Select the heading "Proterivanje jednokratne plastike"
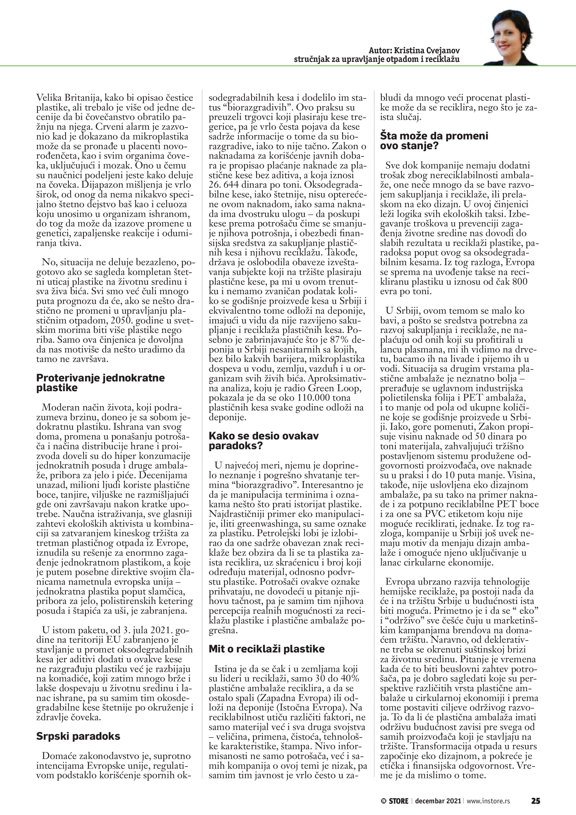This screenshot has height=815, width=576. [100, 382]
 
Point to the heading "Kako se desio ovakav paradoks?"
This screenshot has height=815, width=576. [264, 441]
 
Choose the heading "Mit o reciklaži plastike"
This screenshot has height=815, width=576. [266, 649]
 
